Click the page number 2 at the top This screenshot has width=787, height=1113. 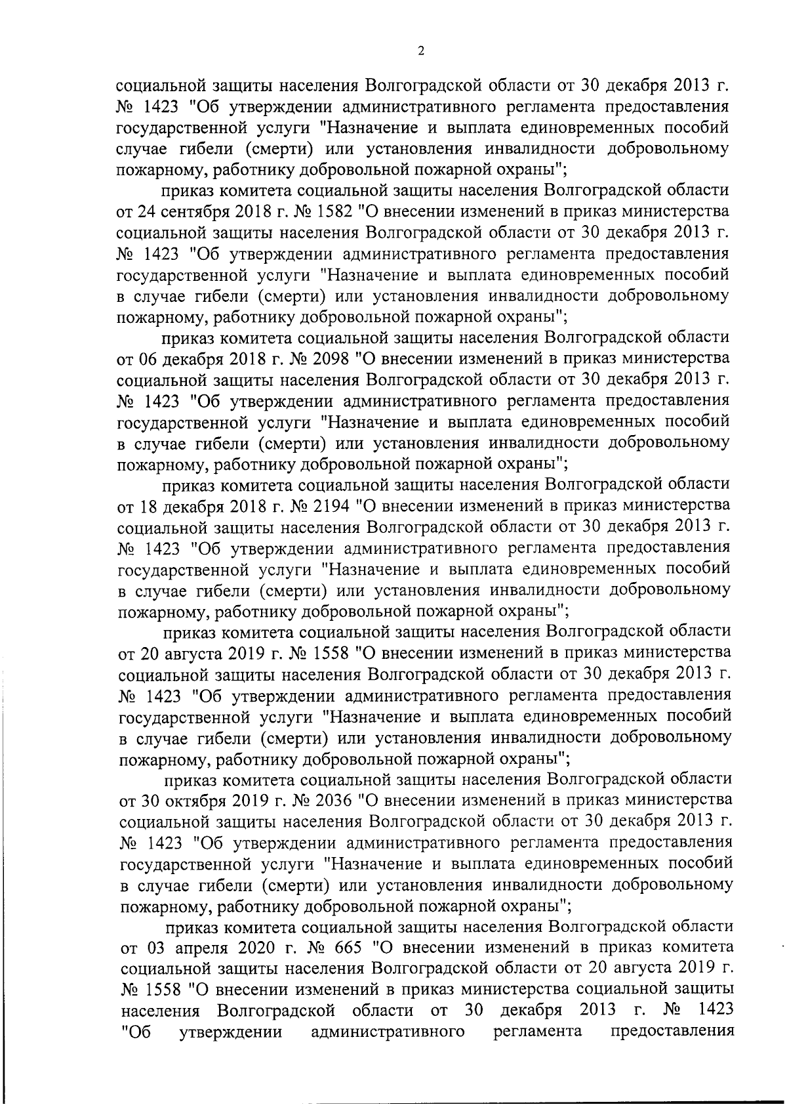(x=420, y=52)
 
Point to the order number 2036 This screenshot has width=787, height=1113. (x=324, y=801)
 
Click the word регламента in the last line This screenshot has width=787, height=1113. (x=538, y=1032)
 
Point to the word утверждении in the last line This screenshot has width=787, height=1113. (x=231, y=1032)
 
